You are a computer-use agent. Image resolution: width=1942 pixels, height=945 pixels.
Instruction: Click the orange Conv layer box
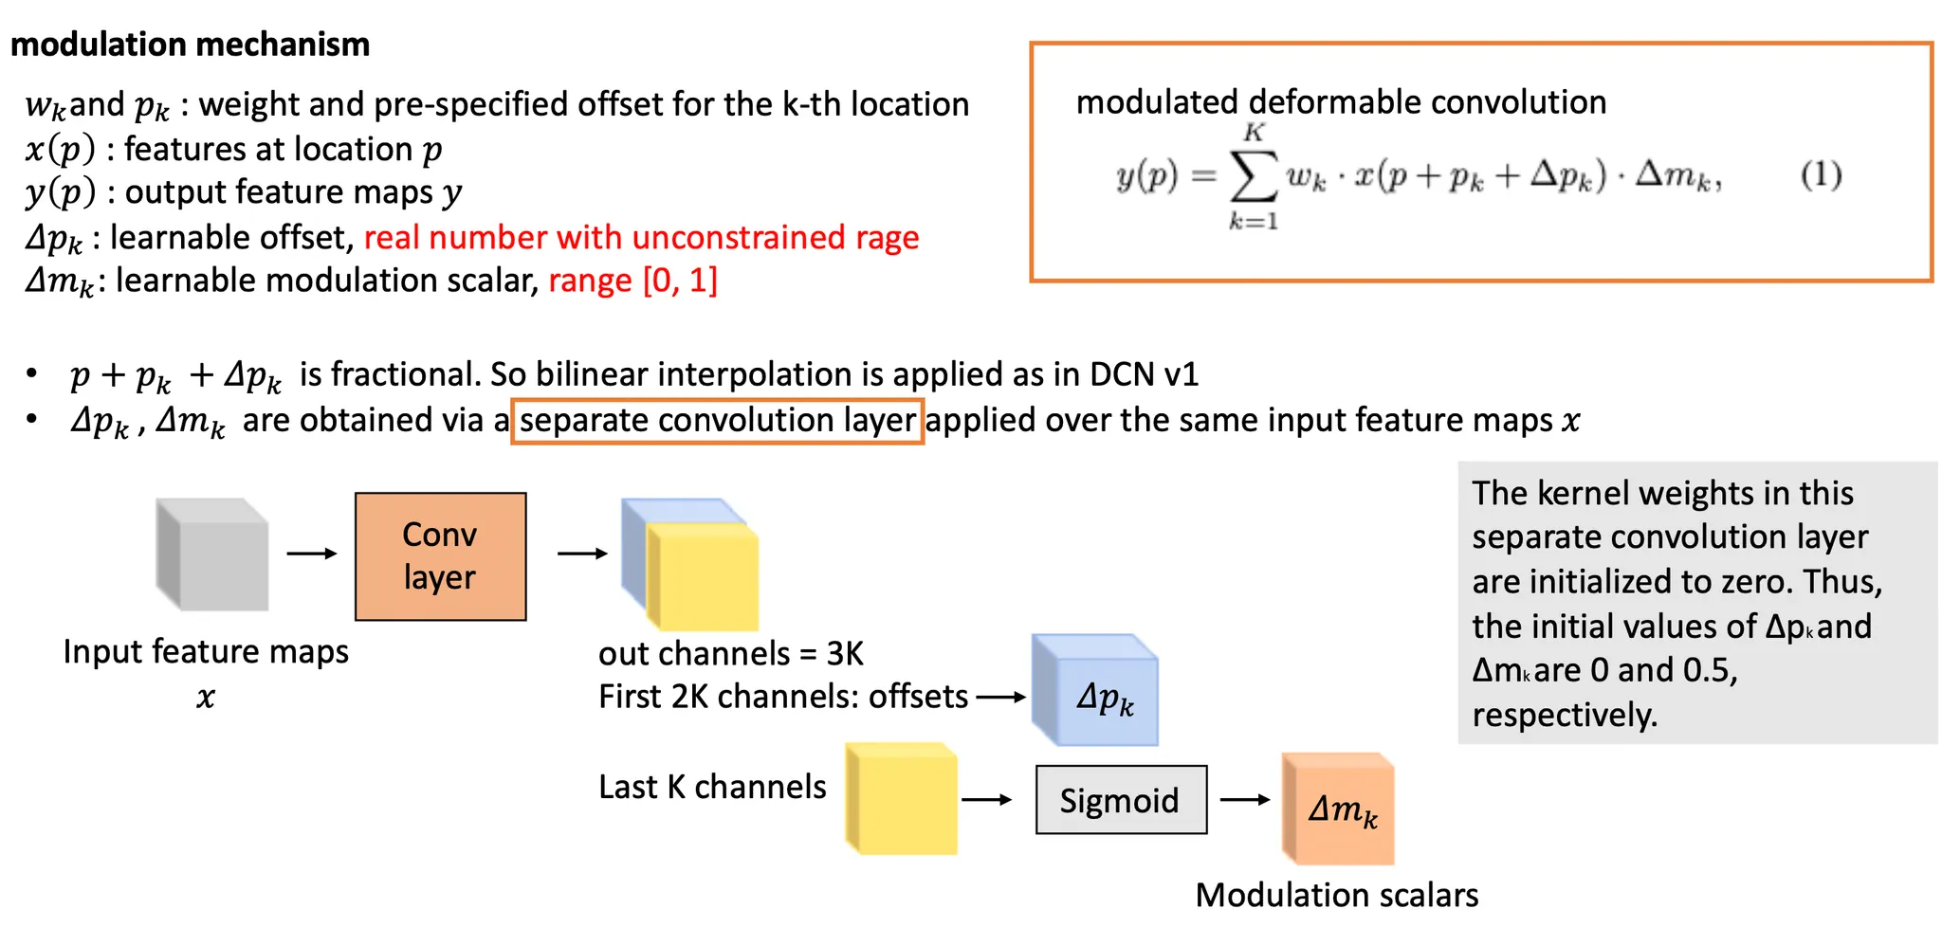tap(440, 556)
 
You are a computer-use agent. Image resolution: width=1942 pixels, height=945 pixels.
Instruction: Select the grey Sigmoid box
tap(1120, 800)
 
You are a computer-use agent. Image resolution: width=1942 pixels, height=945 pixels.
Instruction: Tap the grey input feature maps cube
tap(212, 554)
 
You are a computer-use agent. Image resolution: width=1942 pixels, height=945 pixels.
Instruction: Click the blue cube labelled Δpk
tap(1095, 690)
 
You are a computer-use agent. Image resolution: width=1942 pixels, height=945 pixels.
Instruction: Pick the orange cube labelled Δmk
tap(1338, 809)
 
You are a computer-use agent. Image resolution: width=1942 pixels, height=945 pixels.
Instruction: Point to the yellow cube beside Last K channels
tap(901, 798)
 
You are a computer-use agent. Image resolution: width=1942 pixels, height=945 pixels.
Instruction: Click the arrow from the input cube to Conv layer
tap(312, 554)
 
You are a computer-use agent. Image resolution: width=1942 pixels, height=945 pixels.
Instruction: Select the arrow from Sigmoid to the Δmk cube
tap(1245, 800)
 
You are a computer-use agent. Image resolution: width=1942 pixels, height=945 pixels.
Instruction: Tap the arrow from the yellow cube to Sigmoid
tap(987, 800)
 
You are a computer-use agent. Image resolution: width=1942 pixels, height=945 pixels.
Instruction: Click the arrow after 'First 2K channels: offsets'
tap(1001, 698)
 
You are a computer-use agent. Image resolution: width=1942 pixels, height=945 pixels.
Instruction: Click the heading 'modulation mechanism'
tap(190, 45)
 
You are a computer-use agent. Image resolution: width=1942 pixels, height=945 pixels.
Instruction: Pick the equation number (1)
tap(1821, 175)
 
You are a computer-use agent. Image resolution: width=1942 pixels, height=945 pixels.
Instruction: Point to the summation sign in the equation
tap(1253, 176)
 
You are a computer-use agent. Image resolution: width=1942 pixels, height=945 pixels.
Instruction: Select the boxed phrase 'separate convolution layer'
tap(717, 421)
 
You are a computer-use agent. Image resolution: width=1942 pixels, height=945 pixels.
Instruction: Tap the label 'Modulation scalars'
tap(1336, 895)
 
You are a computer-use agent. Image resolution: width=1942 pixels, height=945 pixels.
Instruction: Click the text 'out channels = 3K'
tap(731, 653)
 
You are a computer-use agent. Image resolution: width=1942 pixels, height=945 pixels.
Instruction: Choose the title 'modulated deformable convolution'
tap(1341, 101)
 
